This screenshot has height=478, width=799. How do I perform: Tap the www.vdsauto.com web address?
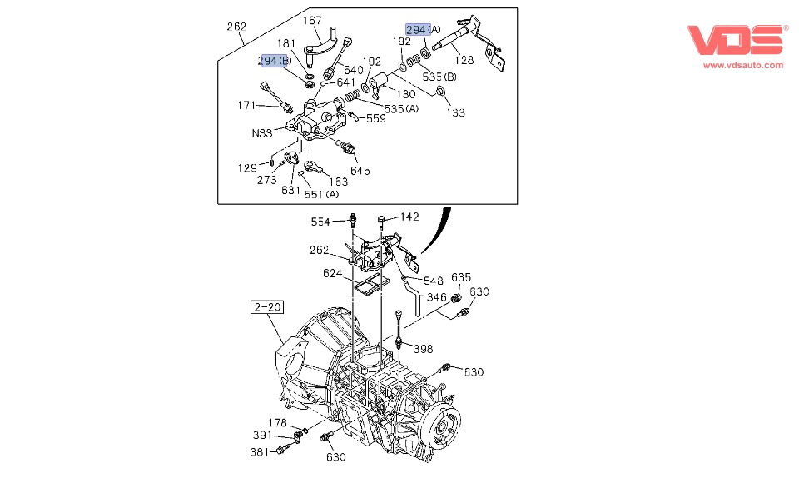pyautogui.click(x=743, y=65)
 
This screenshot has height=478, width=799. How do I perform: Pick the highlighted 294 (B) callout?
pyautogui.click(x=274, y=61)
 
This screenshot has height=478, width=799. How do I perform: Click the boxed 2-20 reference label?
pyautogui.click(x=266, y=307)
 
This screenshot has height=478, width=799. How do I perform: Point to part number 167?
pyautogui.click(x=312, y=21)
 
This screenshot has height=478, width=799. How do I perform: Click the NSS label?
pyautogui.click(x=262, y=133)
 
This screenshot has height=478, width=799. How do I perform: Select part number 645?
pyautogui.click(x=360, y=171)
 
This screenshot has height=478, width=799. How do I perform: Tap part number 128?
pyautogui.click(x=464, y=59)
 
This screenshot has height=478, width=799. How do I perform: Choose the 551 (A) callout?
pyautogui.click(x=320, y=194)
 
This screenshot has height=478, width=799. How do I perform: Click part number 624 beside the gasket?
pyautogui.click(x=333, y=273)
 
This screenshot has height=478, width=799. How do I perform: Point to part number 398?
pyautogui.click(x=424, y=349)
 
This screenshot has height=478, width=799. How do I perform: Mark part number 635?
pyautogui.click(x=461, y=278)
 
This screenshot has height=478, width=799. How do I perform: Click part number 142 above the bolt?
pyautogui.click(x=409, y=217)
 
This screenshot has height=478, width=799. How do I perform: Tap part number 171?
pyautogui.click(x=246, y=105)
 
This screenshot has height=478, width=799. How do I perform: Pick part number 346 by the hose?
pyautogui.click(x=437, y=297)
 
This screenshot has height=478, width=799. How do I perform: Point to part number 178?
pyautogui.click(x=277, y=423)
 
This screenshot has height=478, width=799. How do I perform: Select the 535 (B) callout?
pyautogui.click(x=439, y=77)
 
